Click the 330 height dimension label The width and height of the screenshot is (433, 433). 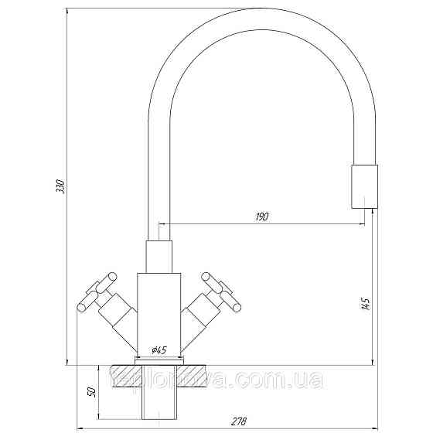(60, 189)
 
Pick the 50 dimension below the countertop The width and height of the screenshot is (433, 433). (90, 393)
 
